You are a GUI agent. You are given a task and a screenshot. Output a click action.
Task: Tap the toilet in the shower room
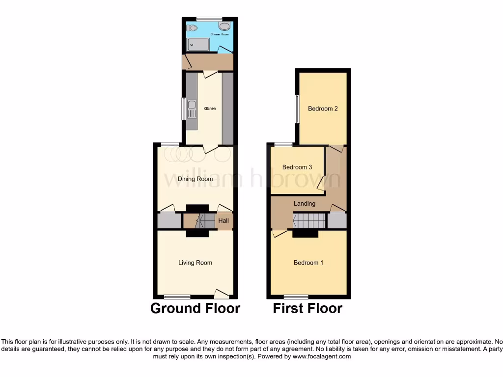[x=191, y=27]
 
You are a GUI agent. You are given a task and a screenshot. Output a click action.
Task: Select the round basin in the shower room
[x=225, y=27]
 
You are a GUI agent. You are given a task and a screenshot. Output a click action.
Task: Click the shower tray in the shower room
[x=199, y=45]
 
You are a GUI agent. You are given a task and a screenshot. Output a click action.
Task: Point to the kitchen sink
[x=192, y=109]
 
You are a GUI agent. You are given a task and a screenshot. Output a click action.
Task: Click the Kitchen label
[x=210, y=108]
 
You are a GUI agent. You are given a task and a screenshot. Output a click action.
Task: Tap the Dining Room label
[x=195, y=179]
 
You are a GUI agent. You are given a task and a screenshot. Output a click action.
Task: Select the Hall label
[x=224, y=221]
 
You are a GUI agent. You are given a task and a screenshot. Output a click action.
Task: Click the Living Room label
[x=195, y=263]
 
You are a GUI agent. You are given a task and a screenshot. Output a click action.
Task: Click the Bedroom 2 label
[x=323, y=108]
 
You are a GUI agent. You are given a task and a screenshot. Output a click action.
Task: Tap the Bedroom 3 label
[x=297, y=167]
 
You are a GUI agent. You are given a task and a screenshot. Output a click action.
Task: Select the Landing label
[x=305, y=203]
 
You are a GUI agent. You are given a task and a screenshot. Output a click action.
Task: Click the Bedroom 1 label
[x=308, y=263]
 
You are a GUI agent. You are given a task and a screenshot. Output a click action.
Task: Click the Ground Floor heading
[x=195, y=308]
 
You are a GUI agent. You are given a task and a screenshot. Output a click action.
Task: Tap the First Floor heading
[x=307, y=308]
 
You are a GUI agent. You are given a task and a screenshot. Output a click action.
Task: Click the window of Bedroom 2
[x=297, y=108]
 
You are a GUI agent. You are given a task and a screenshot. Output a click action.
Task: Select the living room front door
[x=222, y=294]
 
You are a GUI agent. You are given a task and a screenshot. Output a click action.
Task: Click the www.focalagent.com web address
[x=321, y=356]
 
